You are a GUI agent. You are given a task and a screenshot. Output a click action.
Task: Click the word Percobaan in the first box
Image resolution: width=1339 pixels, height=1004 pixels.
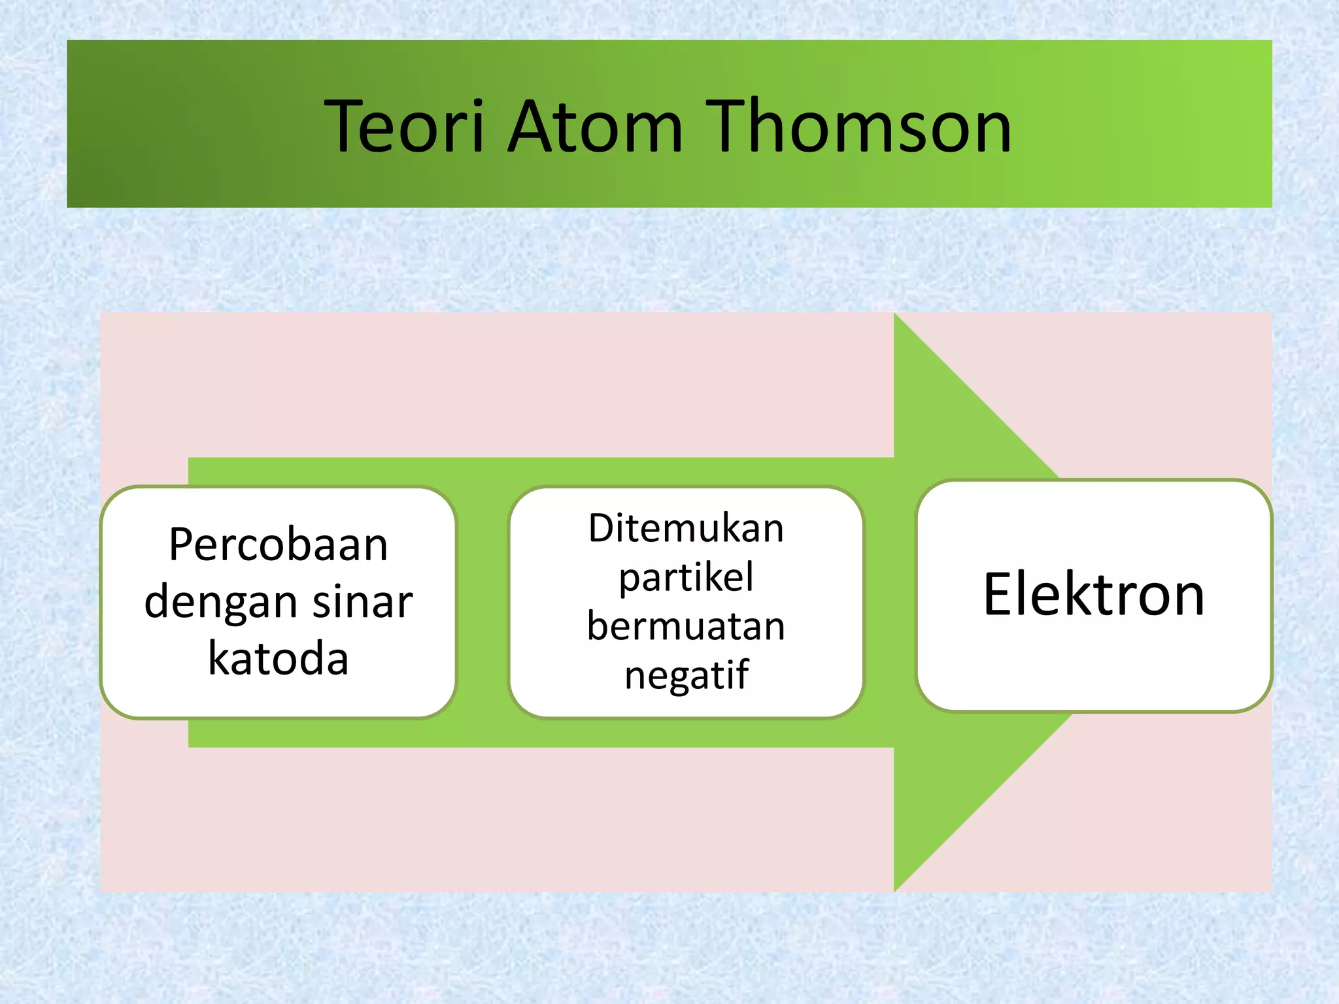click(279, 545)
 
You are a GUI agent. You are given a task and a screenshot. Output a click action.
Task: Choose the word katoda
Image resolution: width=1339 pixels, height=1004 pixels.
click(279, 658)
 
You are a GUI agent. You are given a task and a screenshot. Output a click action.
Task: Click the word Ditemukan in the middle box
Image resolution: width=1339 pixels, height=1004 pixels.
click(686, 528)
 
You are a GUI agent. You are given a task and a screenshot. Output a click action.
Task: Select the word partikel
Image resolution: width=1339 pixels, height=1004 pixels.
click(686, 578)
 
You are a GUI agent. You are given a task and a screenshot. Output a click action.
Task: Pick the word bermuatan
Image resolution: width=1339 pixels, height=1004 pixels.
click(686, 626)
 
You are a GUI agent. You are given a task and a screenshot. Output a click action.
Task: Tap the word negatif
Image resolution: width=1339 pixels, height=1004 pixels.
click(686, 675)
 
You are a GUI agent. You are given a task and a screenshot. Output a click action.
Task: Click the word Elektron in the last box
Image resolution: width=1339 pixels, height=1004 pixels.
click(1093, 595)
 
